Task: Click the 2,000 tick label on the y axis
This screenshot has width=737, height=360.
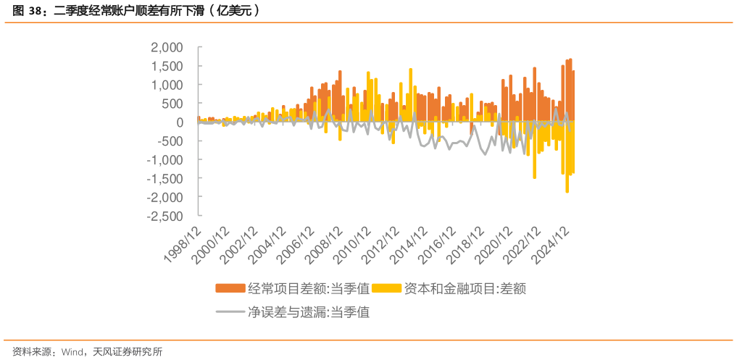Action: tap(167, 47)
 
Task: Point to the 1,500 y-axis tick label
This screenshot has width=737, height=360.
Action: tap(167, 66)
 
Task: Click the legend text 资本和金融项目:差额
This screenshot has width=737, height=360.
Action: tap(464, 288)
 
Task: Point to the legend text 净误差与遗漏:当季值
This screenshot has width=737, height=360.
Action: tap(309, 313)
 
